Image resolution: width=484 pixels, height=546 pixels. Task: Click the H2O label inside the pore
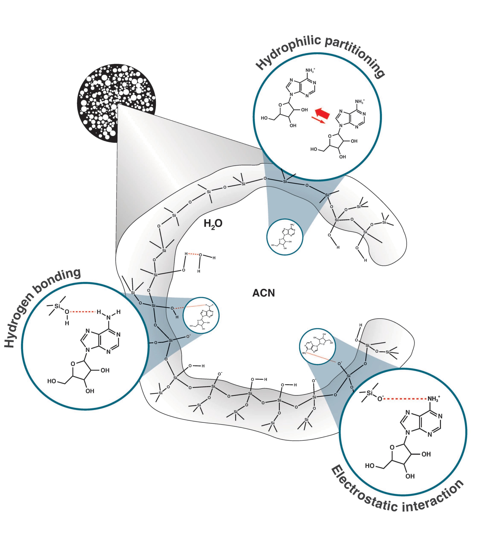pos(213,223)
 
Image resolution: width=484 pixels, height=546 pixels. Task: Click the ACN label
pos(263,293)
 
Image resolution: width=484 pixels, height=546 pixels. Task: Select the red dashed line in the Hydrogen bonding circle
pos(83,311)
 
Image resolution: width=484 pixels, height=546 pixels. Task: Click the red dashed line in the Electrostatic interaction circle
pos(405,399)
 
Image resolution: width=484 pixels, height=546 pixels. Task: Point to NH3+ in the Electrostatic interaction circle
pos(433,399)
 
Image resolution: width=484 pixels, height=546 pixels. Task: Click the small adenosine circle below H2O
pos(285,237)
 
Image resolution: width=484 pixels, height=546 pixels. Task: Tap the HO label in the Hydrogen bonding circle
pos(52,381)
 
